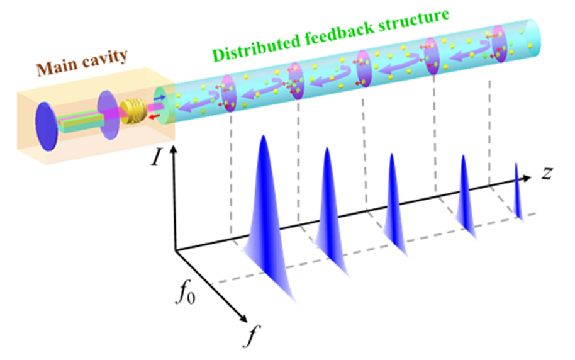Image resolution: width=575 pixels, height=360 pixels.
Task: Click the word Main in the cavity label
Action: pyautogui.click(x=57, y=67)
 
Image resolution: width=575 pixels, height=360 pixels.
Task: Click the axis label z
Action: pyautogui.click(x=547, y=173)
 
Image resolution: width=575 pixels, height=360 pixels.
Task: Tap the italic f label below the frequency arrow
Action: pyautogui.click(x=251, y=335)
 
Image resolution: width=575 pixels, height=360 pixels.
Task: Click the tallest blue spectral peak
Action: pyautogui.click(x=267, y=220)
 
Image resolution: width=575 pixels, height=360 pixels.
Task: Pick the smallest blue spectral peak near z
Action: pyautogui.click(x=517, y=192)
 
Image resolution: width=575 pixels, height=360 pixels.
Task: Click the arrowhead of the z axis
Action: pyautogui.click(x=527, y=178)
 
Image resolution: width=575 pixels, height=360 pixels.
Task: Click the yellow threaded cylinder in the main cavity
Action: pyautogui.click(x=134, y=111)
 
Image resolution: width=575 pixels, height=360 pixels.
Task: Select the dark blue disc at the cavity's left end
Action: pyautogui.click(x=47, y=127)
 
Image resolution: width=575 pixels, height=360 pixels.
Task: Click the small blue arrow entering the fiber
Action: pyautogui.click(x=160, y=98)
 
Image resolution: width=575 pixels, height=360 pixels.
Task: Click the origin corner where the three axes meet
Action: pyautogui.click(x=176, y=250)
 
